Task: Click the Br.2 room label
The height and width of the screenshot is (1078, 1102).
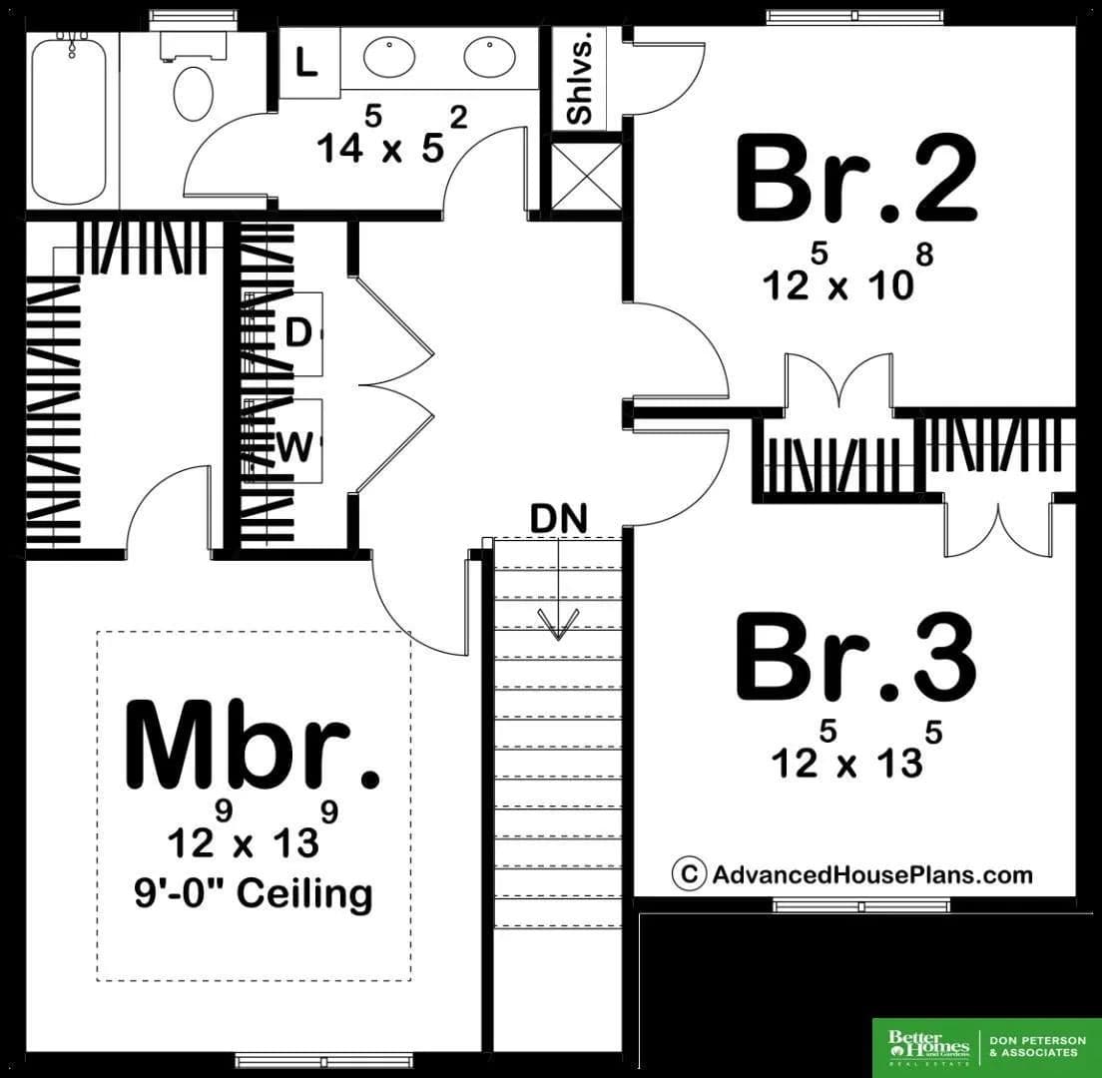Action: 856,179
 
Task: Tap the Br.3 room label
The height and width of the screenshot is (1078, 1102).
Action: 856,657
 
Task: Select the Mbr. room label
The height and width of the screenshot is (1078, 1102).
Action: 253,746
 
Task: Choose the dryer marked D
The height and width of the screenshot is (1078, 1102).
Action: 298,333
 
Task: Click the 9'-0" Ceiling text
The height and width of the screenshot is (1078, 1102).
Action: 254,893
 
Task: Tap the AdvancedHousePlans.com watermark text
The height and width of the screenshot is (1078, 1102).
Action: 872,874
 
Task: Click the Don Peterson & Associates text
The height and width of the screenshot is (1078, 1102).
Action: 1037,1046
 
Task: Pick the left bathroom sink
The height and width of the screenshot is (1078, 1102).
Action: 388,56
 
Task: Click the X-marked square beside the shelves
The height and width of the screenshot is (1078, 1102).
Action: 587,177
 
